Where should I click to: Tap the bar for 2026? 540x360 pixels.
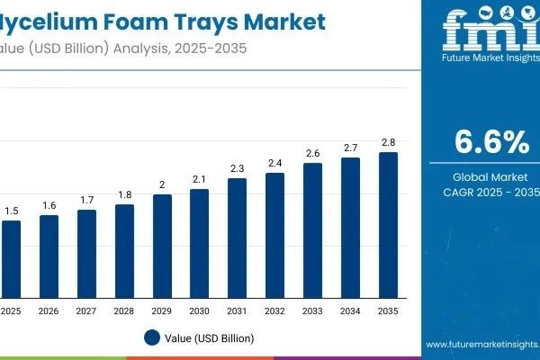coord(49,256)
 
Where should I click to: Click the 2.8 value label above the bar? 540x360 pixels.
coord(388,142)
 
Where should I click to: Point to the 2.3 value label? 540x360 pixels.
coord(237,168)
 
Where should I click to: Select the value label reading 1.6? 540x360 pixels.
coord(49,205)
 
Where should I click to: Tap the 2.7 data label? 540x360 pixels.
coord(350,148)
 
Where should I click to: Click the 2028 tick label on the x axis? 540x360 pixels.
coord(124,311)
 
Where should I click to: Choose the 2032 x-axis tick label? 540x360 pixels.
coord(274,311)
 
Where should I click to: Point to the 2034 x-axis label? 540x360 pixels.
coord(350,311)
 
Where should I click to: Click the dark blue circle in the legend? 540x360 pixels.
coord(152,338)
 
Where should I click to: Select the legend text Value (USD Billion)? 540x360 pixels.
coord(210,338)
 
